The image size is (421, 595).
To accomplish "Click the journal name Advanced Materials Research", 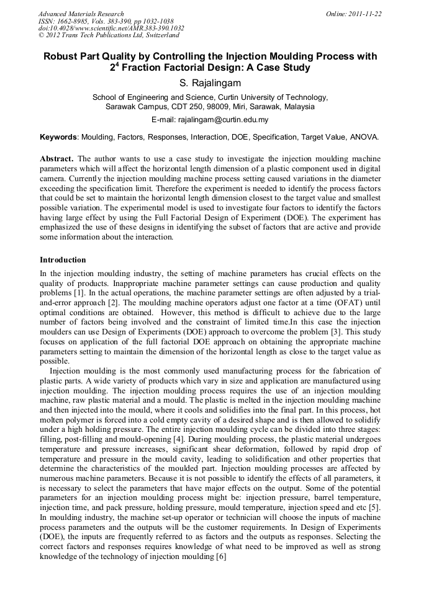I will pos(81,14).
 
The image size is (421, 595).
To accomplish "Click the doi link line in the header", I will pos(111,28).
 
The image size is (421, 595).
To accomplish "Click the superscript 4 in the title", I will pos(114,64).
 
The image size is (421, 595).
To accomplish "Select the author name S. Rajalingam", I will pos(210,82).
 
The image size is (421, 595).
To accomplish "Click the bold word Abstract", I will pos(57,159).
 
